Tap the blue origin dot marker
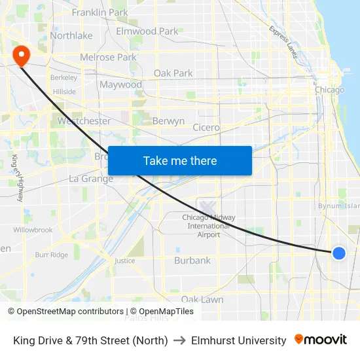[x=338, y=253]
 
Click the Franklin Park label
[x=100, y=12]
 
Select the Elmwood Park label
[x=147, y=31]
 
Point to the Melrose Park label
[x=108, y=57]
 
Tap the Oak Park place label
[x=173, y=73]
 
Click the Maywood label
[x=120, y=84]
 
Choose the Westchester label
[x=84, y=121]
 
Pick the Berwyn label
[x=168, y=121]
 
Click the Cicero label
[x=206, y=128]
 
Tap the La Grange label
[x=91, y=179]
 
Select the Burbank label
[x=192, y=261]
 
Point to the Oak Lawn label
[x=202, y=299]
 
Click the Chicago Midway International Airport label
[x=209, y=226]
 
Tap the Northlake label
[x=71, y=36]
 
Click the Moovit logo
[x=321, y=340]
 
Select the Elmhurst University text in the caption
[x=238, y=340]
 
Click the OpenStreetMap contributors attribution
[x=69, y=312]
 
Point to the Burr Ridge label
[x=51, y=255]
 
